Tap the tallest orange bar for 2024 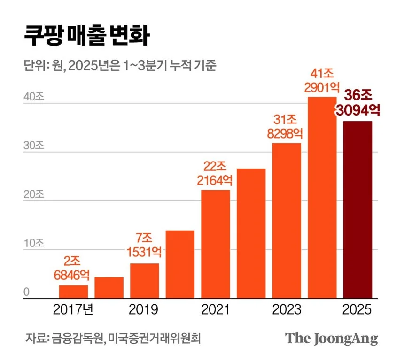click(322, 197)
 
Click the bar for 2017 click(73, 292)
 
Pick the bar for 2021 click(216, 244)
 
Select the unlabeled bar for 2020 click(180, 264)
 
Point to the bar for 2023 click(287, 220)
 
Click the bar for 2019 click(144, 281)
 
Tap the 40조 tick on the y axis click(34, 97)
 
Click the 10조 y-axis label click(34, 243)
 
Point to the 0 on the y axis click(27, 292)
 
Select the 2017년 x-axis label click(73, 310)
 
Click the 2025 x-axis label click(357, 310)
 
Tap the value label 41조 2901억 click(322, 80)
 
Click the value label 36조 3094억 click(358, 103)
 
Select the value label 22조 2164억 click(216, 173)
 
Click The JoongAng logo click(332, 338)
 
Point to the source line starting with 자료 click(113, 338)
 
